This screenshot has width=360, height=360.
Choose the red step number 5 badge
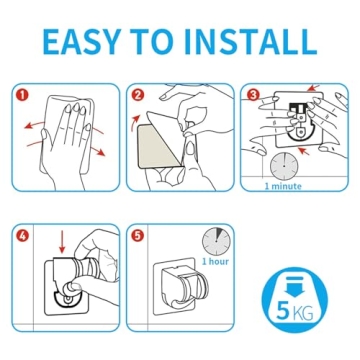[x=138, y=237]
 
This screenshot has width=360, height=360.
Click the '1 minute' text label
[x=282, y=185]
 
